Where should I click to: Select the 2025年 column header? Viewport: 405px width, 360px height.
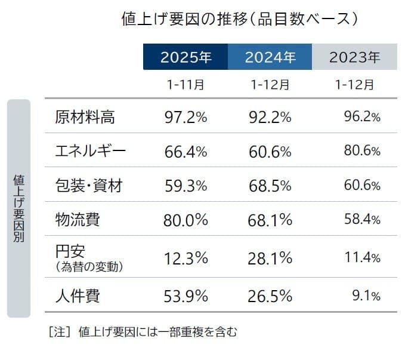click(x=185, y=57)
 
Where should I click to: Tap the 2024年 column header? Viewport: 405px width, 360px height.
click(x=270, y=57)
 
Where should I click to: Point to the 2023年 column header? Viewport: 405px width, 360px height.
click(x=354, y=57)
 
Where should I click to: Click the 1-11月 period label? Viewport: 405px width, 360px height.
click(x=185, y=85)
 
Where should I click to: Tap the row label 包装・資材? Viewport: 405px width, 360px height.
click(x=88, y=186)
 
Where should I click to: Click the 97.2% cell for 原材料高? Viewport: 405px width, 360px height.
click(x=186, y=118)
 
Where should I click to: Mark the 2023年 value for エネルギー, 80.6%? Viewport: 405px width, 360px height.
click(x=361, y=152)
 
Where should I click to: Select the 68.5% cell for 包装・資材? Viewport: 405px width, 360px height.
click(x=270, y=186)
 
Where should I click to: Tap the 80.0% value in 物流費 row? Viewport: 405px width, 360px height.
click(x=185, y=220)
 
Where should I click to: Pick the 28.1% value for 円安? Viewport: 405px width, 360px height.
click(x=270, y=258)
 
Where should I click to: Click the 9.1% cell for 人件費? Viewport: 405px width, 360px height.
click(x=366, y=296)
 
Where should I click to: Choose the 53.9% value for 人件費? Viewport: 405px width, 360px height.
click(x=186, y=296)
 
